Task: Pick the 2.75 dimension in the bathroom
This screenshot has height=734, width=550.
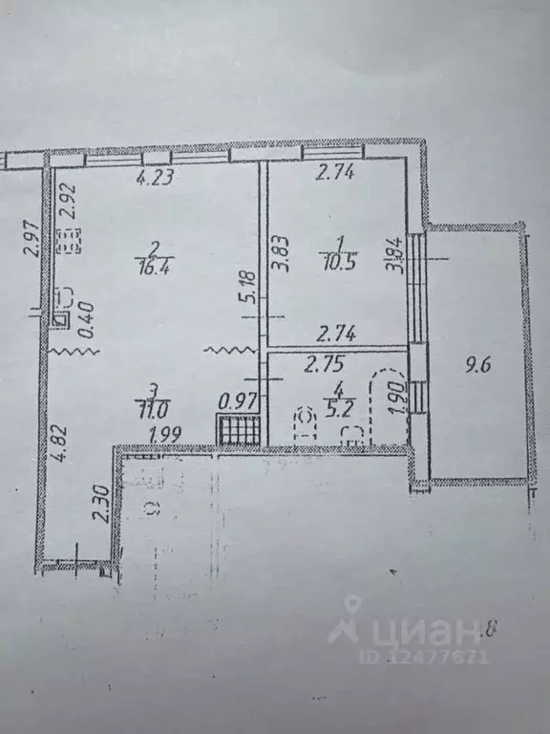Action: coord(324,363)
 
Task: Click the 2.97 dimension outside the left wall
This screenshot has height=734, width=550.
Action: coord(29,237)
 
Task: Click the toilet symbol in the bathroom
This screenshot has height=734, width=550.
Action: coord(306,424)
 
